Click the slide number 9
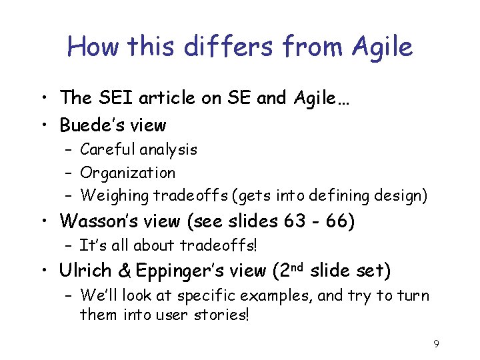pyautogui.click(x=436, y=344)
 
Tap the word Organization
pyautogui.click(x=128, y=173)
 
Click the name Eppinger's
pyautogui.click(x=169, y=271)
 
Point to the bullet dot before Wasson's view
pyautogui.click(x=48, y=221)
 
